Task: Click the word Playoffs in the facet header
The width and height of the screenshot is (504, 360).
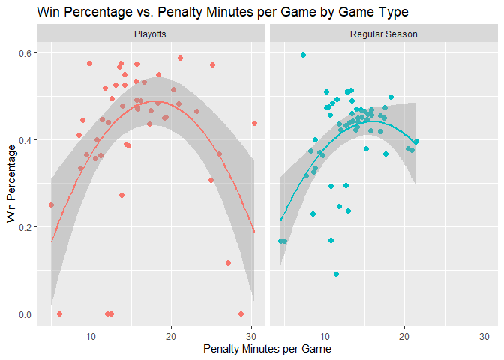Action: (150, 35)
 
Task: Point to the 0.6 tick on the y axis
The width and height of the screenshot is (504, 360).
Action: (25, 53)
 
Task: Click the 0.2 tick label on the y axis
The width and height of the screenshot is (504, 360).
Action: (25, 227)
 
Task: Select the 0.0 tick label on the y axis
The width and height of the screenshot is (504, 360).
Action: (25, 314)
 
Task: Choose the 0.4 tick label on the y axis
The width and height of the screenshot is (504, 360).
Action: (25, 140)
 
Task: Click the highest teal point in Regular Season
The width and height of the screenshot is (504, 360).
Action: (303, 55)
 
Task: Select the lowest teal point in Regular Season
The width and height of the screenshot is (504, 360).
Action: (337, 274)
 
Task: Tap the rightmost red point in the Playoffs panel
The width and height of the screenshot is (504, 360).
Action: (254, 123)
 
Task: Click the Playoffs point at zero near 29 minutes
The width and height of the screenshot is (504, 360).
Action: (241, 313)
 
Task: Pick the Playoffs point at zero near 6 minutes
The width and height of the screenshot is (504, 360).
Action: (59, 313)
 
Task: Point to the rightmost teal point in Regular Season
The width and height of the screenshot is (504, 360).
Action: (416, 141)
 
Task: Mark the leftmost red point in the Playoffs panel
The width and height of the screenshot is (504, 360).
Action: (51, 205)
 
